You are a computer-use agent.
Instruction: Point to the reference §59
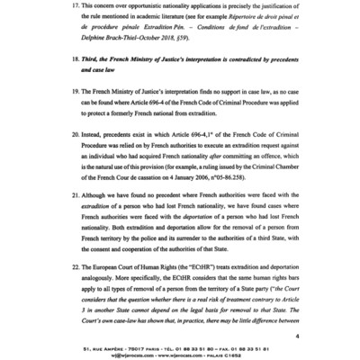tap(211, 57)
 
